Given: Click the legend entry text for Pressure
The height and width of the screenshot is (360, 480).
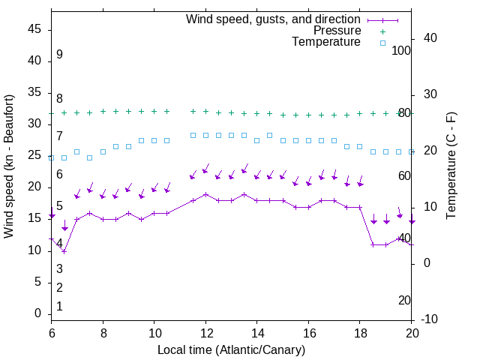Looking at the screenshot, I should click(337, 31).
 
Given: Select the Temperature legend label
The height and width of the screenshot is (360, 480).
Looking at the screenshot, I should click(326, 42).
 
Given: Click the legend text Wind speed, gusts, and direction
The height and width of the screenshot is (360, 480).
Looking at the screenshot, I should click(273, 19).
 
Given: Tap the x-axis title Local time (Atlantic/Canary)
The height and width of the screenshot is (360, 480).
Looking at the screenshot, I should click(231, 349).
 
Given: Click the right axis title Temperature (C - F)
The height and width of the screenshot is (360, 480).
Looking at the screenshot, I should click(451, 166).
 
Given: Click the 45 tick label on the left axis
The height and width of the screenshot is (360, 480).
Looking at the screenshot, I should click(34, 29).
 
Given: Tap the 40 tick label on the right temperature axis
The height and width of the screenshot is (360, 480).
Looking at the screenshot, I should click(431, 38).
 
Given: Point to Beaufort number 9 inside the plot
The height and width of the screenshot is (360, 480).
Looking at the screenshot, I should click(59, 55).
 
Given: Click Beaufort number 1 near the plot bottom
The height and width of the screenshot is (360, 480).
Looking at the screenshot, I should click(59, 307).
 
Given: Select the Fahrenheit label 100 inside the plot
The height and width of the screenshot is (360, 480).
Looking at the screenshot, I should click(402, 50).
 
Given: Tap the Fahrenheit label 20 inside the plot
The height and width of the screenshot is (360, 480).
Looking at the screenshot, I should click(404, 300).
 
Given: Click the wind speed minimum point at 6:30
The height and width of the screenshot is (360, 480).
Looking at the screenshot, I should click(64, 251).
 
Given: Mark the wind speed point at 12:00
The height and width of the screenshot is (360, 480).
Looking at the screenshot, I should click(205, 194).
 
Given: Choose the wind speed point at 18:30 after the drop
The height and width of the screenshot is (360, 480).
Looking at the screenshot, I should click(373, 244).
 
